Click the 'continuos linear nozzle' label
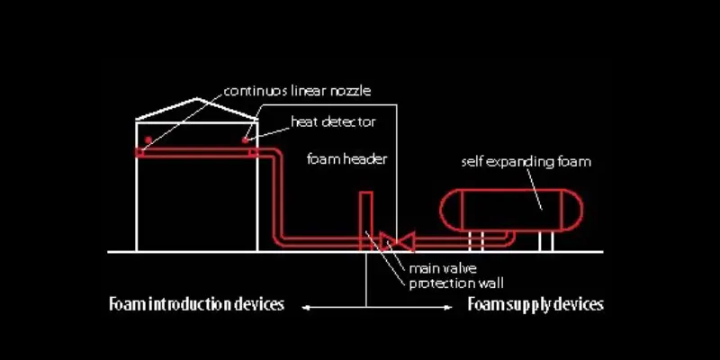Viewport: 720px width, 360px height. [298, 91]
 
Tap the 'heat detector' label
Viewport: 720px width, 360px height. [332, 121]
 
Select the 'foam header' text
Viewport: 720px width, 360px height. [347, 159]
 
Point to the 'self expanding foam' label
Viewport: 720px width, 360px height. [526, 162]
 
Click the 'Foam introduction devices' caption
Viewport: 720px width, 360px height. [196, 304]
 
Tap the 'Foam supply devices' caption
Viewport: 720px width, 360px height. [535, 304]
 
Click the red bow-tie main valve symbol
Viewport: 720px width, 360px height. [395, 240]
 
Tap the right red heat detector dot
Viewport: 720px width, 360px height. [246, 139]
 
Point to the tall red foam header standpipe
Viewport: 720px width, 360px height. [366, 216]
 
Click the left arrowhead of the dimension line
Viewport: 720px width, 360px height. [304, 309]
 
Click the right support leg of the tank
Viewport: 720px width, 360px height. [545, 240]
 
